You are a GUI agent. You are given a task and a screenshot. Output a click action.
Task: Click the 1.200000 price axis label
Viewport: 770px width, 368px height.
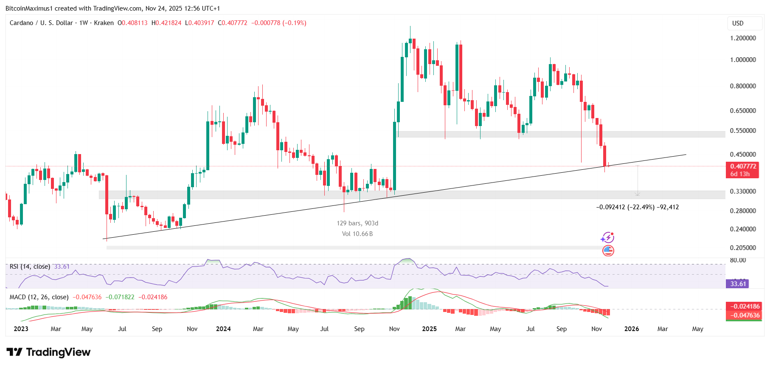pos(743,38)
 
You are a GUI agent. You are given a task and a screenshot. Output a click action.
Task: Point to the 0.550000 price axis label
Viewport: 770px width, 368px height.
pos(743,131)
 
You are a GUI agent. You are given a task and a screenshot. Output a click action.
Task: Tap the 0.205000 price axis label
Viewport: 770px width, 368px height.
pos(743,248)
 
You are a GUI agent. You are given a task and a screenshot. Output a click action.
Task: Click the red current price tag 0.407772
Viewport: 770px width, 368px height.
pos(743,166)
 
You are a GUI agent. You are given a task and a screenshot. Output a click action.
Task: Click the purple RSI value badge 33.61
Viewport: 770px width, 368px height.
pos(738,284)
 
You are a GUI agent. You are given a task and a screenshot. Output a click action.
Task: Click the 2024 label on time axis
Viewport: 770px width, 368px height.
pos(223,329)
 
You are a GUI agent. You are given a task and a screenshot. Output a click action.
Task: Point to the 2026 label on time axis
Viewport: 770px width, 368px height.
pos(632,329)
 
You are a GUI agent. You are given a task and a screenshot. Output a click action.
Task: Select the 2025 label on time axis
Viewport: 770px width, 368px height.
pos(429,329)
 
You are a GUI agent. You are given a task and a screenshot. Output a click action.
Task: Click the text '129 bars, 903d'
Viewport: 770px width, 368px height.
pos(357,223)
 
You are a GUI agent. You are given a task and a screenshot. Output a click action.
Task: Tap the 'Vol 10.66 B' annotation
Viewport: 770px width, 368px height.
pos(357,234)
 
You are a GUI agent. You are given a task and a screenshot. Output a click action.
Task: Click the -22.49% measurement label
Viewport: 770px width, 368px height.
pos(638,208)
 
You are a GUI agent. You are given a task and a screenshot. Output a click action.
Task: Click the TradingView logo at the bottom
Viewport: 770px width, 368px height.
pos(49,352)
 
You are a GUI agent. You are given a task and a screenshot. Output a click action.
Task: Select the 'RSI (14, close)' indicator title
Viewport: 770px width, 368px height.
pos(30,267)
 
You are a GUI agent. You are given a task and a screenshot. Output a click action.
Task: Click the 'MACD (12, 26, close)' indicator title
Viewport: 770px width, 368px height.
pos(39,297)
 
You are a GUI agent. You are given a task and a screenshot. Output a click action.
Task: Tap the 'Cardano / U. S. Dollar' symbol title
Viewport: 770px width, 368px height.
pos(41,23)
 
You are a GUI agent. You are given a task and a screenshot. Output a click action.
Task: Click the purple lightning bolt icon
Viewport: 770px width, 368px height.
pos(608,238)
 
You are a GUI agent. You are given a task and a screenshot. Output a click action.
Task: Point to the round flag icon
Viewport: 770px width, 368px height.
pos(608,251)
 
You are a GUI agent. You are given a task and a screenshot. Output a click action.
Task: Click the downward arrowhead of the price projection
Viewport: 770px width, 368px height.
pos(638,194)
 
